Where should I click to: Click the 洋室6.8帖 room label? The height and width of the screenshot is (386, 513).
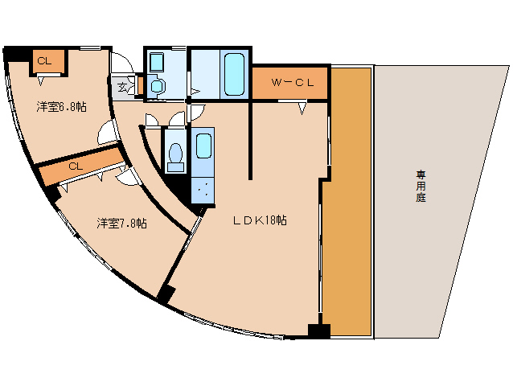coord(60,106)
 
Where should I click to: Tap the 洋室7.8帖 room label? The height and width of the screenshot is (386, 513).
coord(121,223)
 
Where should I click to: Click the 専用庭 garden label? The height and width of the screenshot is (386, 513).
coord(421,185)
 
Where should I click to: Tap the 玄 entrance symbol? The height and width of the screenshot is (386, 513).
coord(123,87)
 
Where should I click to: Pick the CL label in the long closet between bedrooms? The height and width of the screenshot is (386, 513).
coord(75,166)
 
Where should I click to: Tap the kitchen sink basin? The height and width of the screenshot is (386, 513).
coord(203,147)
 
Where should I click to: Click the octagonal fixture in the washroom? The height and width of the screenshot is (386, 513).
coord(158,84)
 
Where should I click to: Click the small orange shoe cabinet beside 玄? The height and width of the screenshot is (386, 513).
coord(139,84)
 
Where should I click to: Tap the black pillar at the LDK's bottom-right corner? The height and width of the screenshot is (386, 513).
coord(319,330)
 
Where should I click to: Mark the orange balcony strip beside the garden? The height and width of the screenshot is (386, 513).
coord(347,201)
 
